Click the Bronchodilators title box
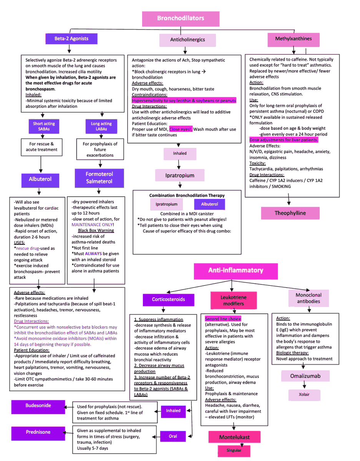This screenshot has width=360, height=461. pos(181,18)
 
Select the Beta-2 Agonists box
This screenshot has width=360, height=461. pos(71,39)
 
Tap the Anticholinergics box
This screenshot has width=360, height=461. pos(187,40)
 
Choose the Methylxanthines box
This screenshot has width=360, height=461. pos(293,39)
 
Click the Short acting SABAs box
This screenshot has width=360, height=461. pos(44,126)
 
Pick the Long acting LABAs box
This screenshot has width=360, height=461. pos(101,126)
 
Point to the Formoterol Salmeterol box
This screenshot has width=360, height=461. pos(99,177)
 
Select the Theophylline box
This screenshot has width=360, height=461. pos(290,213)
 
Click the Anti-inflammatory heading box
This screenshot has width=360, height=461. pos(236,270)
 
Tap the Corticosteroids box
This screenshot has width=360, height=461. pos(168,300)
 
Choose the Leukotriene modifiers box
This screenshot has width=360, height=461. pos(234,300)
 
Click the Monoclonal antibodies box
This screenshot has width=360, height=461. pos(309,298)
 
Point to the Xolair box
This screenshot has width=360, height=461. pos(304,395)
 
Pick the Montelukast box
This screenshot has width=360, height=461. pos(234,437)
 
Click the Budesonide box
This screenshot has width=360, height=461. pos(38,406)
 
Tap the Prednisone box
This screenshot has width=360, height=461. pos(38,432)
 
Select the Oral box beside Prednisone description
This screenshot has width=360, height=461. pos(173,436)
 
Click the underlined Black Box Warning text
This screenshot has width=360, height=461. pos(96,230)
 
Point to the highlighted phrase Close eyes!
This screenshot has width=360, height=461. pos(181,129)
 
